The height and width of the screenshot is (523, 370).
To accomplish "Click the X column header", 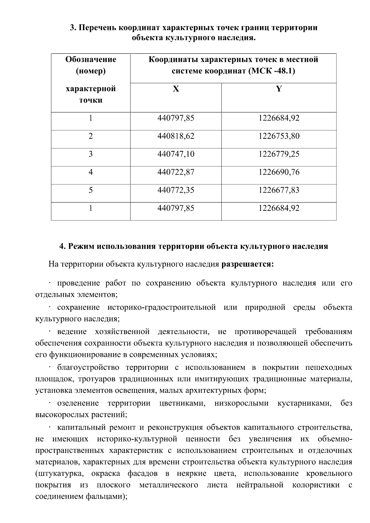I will tap(176, 89).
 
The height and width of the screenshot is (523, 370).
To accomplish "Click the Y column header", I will tap(279, 89).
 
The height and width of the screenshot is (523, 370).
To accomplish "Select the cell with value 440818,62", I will tap(176, 136).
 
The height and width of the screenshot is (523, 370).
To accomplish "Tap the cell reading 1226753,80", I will tap(279, 136).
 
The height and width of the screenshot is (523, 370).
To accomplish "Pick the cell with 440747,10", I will tap(176, 154).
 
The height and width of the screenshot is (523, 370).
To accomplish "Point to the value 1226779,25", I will tap(279, 154).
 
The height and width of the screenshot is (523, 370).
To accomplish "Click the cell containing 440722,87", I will tap(176, 172).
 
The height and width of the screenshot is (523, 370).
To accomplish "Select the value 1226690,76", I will tap(279, 172).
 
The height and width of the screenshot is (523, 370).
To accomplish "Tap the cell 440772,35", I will tap(176, 190).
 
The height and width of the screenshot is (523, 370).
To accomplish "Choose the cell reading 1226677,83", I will tap(279, 190).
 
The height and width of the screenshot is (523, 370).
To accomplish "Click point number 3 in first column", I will tap(91, 154).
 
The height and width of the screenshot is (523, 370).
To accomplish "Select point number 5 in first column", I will tap(91, 190).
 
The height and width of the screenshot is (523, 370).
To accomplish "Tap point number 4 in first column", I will tap(91, 172).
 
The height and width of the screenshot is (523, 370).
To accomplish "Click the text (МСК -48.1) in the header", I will tap(271, 71).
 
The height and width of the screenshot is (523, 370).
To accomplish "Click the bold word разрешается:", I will tap(248, 264).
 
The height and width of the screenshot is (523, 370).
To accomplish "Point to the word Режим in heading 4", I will tap(81, 247).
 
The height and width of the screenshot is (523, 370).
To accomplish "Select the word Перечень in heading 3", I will tap(97, 28).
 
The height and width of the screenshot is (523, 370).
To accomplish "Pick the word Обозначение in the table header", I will tap(91, 59).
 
